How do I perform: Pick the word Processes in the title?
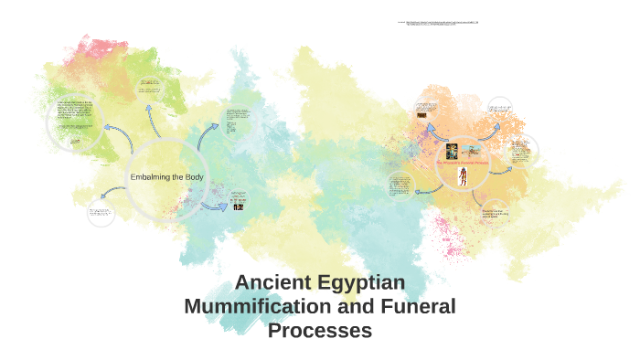pos(320,330)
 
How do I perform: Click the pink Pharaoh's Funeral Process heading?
pos(464,164)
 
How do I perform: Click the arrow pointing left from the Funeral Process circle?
pos(425,191)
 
